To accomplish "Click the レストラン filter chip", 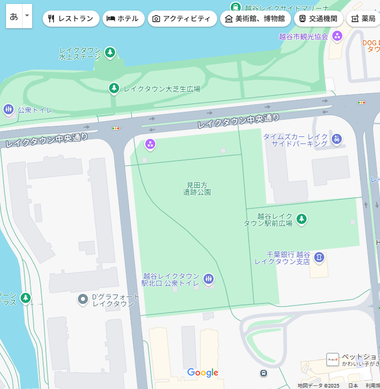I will coord(71,19).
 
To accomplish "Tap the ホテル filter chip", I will coord(123,19).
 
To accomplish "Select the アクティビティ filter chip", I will coord(182,19).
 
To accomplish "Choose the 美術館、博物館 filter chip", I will coord(255,19).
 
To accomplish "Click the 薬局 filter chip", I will coord(363,19).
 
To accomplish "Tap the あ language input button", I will coord(14,16).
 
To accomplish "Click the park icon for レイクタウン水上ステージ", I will coord(110,52).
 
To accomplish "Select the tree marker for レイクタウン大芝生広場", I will coord(115,89).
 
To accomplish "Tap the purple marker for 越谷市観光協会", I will coord(337,36).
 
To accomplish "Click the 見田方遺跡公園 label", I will coord(197,189).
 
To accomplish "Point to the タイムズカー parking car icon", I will coord(337,139).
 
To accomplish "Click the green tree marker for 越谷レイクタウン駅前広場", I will coord(302,219).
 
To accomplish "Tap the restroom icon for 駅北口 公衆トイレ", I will coord(209,279).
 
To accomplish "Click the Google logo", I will coord(203,373).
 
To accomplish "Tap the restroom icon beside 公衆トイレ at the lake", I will coord(8,109).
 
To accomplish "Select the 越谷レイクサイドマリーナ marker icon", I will coord(235,7).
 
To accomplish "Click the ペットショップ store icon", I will coord(332,359).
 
